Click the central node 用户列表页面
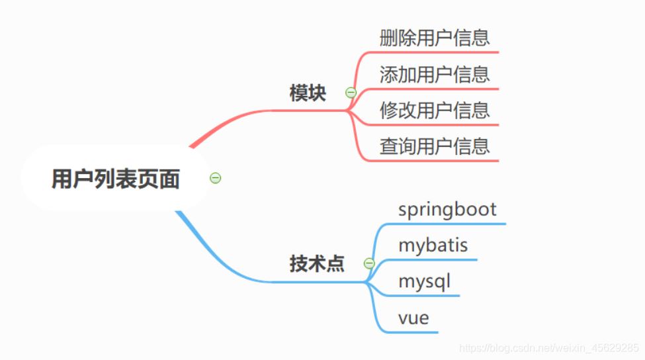pos(116,179)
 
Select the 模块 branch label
pos(308,93)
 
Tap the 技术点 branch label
pos(317,264)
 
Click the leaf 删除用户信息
pos(435,37)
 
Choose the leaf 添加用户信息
pos(435,74)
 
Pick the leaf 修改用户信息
pos(435,110)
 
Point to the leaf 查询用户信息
pos(435,146)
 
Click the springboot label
pos(447,209)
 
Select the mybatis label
pos(433,246)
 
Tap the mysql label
pos(424,281)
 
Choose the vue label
pos(413,318)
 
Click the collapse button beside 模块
pos(351,93)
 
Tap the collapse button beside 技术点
pos(369,264)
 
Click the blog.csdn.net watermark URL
pos(549,347)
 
